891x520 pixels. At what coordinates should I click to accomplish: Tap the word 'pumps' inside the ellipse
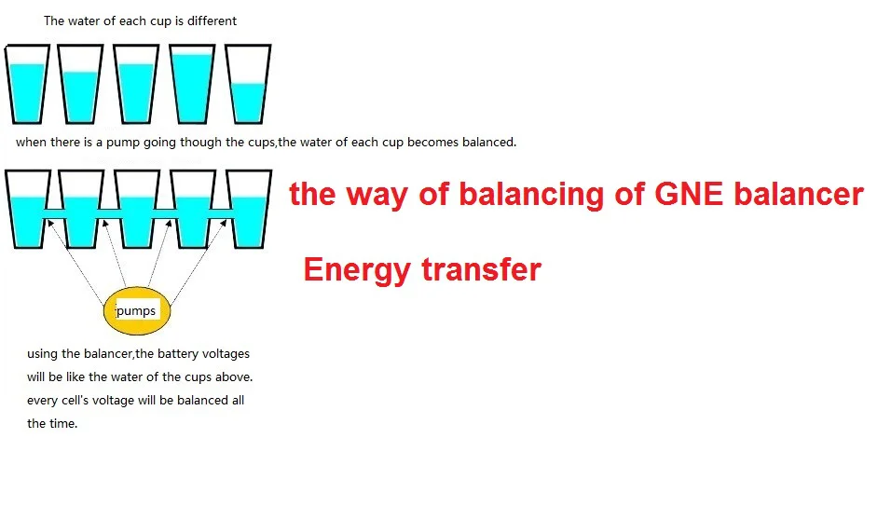coord(136,310)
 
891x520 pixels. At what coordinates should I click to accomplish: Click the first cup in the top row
coord(28,86)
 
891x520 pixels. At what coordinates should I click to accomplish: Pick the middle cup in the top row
coord(136,86)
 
